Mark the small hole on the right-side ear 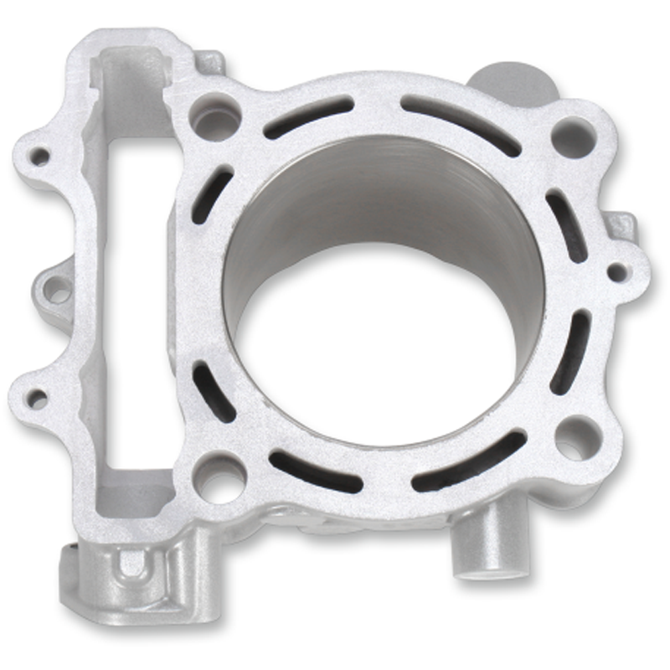pos(616,271)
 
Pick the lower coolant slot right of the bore pos(569,352)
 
